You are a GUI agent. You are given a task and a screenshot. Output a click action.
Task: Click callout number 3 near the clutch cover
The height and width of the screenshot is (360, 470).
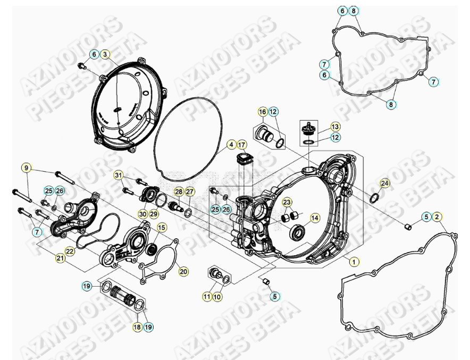105,54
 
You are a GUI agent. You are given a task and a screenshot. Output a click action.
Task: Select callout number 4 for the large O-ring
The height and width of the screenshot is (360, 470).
232,145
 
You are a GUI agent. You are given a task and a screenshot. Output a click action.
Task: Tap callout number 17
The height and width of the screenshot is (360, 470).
242,145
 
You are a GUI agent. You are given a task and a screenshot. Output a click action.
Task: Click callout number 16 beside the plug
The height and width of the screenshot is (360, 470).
263,112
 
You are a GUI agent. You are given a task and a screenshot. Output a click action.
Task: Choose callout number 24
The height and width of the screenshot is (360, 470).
385,183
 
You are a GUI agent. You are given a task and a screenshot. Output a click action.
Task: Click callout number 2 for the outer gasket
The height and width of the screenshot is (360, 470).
437,216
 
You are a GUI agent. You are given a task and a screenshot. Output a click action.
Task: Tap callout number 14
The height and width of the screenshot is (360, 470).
315,217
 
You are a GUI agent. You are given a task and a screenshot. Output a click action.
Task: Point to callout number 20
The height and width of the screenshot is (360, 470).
183,272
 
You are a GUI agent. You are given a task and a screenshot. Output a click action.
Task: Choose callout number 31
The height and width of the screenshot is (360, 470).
119,175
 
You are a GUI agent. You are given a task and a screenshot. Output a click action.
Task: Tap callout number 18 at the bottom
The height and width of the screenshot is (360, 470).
137,327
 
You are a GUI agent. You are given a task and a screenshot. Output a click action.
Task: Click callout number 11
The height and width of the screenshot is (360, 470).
207,297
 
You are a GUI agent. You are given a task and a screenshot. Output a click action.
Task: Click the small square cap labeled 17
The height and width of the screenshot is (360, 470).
244,159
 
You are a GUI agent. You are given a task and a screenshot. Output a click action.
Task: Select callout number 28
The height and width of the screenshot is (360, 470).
179,191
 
